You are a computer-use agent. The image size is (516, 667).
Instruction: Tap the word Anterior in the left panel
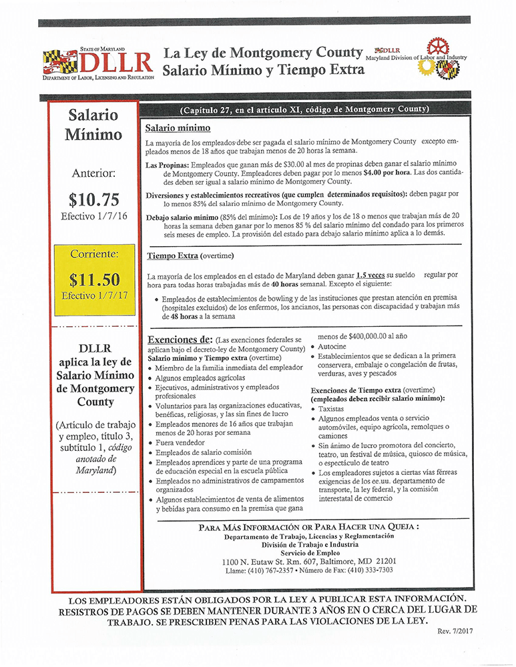(x=93, y=173)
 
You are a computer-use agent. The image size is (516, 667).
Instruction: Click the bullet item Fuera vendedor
(x=182, y=442)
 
